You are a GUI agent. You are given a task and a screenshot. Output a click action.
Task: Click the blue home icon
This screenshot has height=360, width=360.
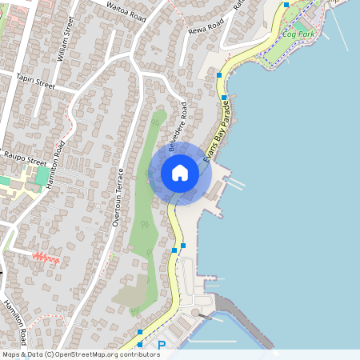click(180, 173)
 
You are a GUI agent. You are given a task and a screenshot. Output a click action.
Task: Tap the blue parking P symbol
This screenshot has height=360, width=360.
click(162, 346)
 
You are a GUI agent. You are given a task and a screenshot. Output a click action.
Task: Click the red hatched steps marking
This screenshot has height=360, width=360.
click(46, 258)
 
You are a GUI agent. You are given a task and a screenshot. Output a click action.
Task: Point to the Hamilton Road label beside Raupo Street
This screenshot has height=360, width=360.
click(56, 165)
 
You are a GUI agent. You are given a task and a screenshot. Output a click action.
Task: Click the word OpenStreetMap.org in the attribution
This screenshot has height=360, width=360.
click(90, 354)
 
